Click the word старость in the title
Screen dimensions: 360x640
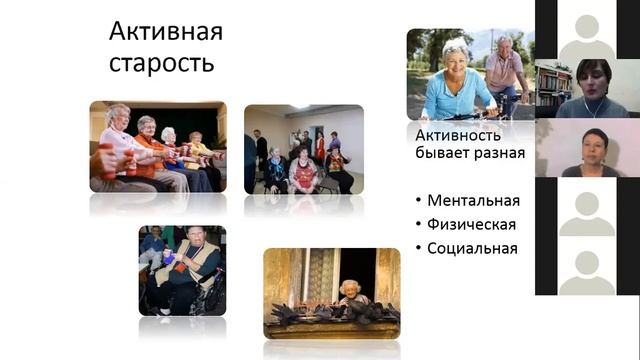click(161, 64)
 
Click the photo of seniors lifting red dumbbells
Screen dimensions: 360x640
click(158, 146)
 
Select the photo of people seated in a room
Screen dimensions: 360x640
click(303, 149)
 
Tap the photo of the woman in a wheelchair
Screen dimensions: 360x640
click(182, 270)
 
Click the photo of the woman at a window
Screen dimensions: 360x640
click(332, 293)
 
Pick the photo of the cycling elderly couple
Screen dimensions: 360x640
click(468, 75)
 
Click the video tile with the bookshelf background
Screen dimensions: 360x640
click(587, 89)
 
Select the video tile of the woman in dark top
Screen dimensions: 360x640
click(587, 148)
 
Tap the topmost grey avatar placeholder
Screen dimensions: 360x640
click(587, 30)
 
